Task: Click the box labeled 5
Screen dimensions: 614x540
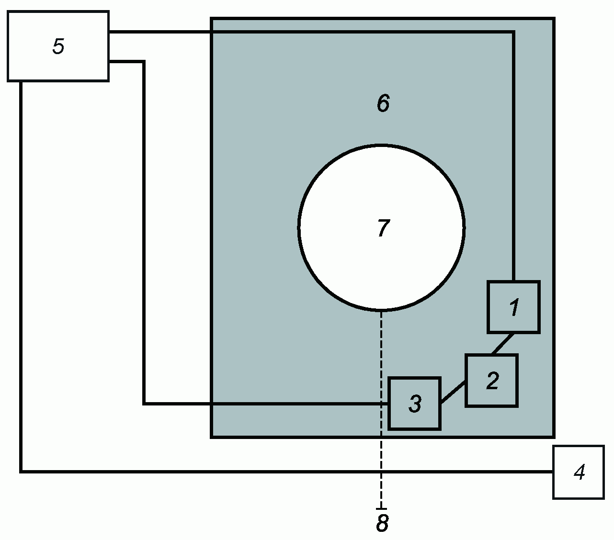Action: [58, 46]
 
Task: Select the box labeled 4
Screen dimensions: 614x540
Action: [578, 472]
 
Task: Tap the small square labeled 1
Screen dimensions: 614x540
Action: [513, 307]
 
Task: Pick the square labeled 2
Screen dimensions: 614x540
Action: [491, 380]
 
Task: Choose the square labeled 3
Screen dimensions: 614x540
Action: [414, 404]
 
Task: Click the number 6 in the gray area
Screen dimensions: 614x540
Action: [383, 103]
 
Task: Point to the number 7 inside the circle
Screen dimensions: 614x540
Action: [384, 228]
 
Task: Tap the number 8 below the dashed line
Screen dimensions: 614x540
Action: [382, 522]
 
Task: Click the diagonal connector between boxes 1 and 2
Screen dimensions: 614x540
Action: [502, 344]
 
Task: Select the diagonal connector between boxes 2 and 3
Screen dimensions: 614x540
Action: [453, 392]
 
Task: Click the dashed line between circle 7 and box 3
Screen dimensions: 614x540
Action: [381, 344]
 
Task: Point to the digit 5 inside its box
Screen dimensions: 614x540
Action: [58, 46]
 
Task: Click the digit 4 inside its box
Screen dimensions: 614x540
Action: [580, 472]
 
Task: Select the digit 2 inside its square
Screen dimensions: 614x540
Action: [493, 380]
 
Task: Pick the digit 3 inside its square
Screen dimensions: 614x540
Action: [415, 404]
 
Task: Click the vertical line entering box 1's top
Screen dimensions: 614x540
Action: [513, 156]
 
